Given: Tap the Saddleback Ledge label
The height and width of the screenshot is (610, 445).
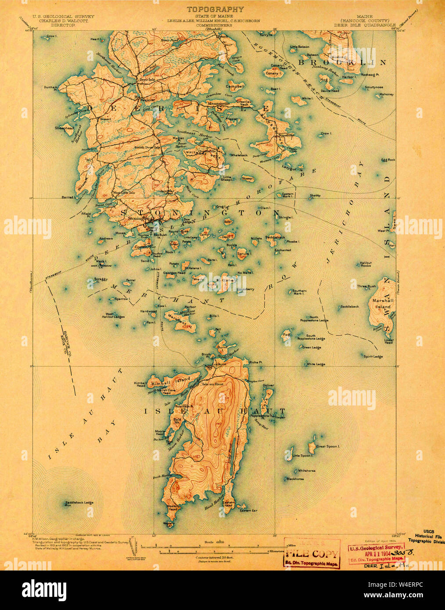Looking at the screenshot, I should pyautogui.click(x=79, y=502).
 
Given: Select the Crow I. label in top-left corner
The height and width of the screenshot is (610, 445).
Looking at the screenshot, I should pyautogui.click(x=51, y=36).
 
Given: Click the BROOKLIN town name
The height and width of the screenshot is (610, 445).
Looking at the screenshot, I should pyautogui.click(x=342, y=63).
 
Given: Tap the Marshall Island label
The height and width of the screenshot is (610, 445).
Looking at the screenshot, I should pyautogui.click(x=381, y=303).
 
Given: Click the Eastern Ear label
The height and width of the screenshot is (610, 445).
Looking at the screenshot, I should pyautogui.click(x=248, y=510).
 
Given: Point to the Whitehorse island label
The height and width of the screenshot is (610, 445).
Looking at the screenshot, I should pyautogui.click(x=307, y=470).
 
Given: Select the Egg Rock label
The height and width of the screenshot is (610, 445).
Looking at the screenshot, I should pyautogui.click(x=388, y=160).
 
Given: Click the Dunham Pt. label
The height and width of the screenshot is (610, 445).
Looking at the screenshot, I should pyautogui.click(x=50, y=88).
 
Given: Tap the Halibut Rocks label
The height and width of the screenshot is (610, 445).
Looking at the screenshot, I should pyautogui.click(x=366, y=264).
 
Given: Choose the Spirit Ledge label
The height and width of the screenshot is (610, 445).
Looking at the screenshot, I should pyautogui.click(x=373, y=356).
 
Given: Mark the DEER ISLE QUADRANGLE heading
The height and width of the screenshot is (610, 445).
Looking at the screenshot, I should pyautogui.click(x=368, y=25).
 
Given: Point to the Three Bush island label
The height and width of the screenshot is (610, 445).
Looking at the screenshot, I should pyautogui.click(x=366, y=286).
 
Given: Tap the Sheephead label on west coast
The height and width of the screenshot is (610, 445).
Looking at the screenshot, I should pyautogui.click(x=64, y=128).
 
